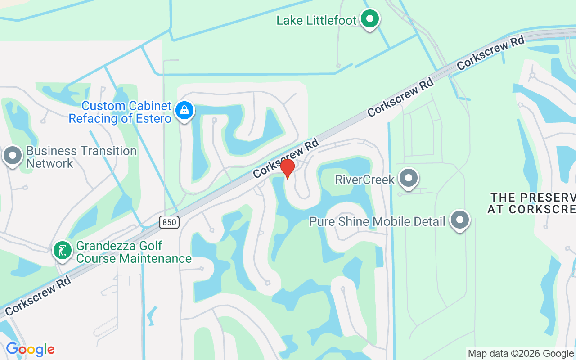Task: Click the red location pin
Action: [x=288, y=168]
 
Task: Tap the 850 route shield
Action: [x=169, y=222]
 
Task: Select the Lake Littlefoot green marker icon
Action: [x=370, y=19]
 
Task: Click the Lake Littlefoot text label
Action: [x=316, y=20]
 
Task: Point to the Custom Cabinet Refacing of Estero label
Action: [x=120, y=112]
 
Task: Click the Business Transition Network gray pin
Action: [x=13, y=156]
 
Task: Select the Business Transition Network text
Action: [x=81, y=157]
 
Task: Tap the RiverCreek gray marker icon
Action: [x=409, y=178]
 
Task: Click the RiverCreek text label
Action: [x=364, y=180]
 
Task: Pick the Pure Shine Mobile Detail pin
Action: [x=459, y=220]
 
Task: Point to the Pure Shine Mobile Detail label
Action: [x=377, y=221]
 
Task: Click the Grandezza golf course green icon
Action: [x=63, y=250]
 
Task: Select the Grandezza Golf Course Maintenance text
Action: [x=134, y=252]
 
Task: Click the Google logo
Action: [x=30, y=349]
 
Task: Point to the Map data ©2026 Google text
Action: [x=521, y=354]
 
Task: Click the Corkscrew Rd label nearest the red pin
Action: [x=286, y=157]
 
